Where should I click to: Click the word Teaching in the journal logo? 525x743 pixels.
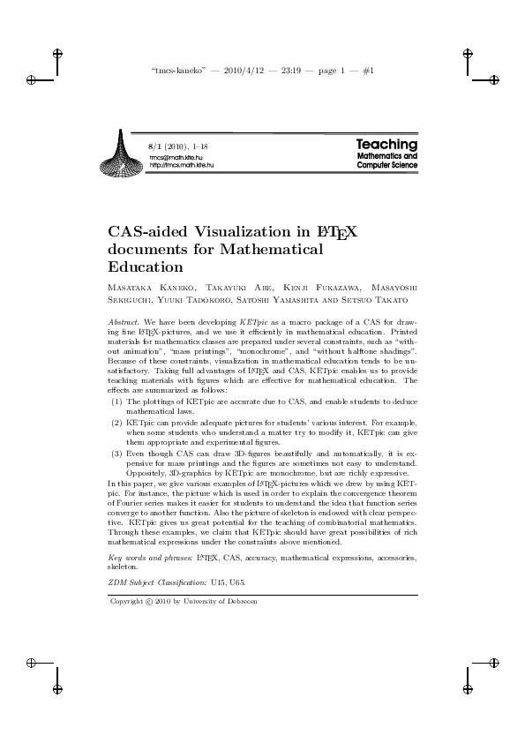point(386,144)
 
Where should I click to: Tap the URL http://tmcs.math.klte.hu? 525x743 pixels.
point(182,165)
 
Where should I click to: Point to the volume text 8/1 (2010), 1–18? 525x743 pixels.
point(179,146)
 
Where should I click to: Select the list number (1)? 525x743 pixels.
point(116,402)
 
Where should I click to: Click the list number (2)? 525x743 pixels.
point(116,423)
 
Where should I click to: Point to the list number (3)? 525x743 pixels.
point(116,453)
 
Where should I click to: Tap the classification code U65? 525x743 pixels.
point(236,583)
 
